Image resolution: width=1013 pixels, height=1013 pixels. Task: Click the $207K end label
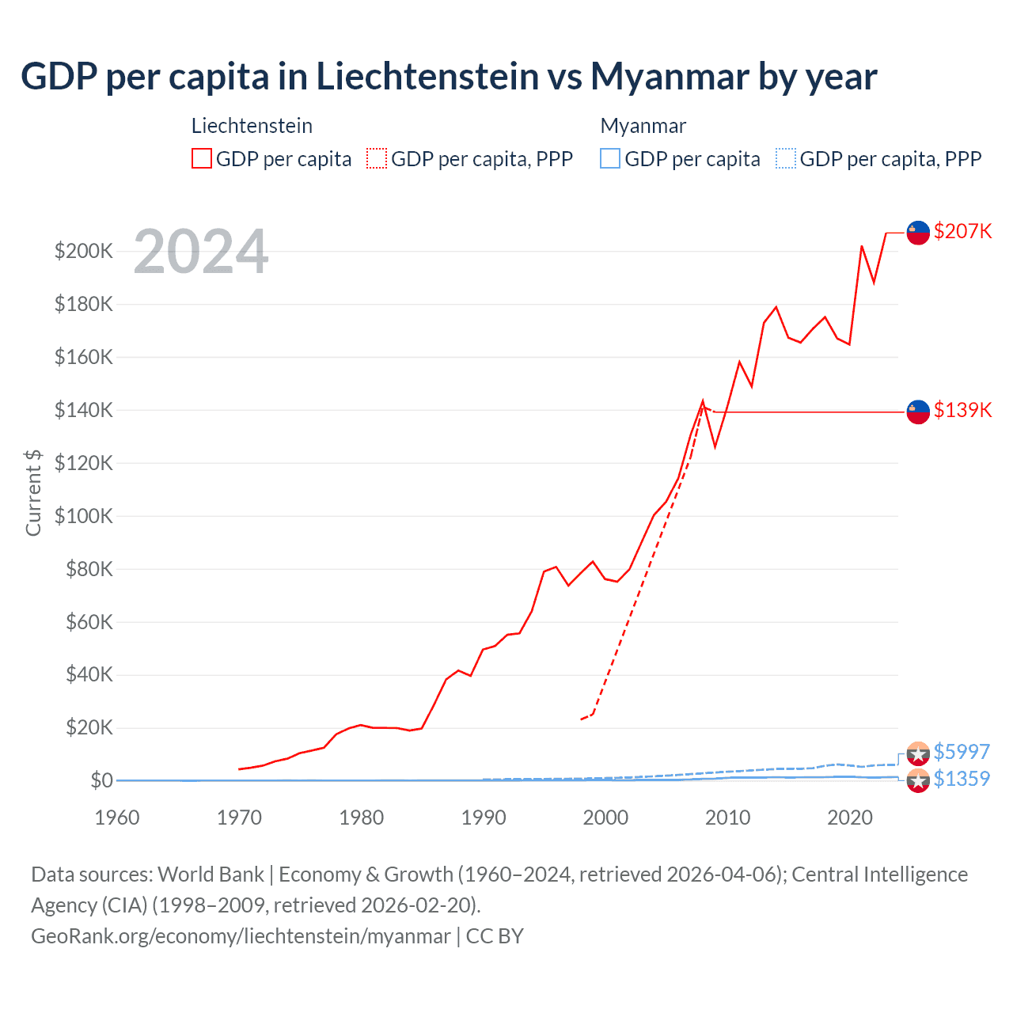[x=962, y=231]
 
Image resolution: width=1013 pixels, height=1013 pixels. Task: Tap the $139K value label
[x=962, y=410]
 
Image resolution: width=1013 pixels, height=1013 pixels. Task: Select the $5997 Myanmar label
[x=962, y=751]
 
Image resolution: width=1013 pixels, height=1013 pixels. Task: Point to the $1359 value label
[x=962, y=779]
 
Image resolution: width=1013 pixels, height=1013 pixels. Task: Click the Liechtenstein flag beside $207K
[x=918, y=233]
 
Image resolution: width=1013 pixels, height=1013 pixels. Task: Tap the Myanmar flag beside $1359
[x=918, y=781]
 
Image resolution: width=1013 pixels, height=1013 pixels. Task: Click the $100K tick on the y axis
[x=84, y=516]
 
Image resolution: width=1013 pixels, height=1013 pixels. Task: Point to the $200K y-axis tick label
[x=84, y=252]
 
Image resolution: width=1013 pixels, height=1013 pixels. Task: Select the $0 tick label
[x=101, y=780]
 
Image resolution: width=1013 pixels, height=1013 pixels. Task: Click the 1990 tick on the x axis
[x=484, y=818]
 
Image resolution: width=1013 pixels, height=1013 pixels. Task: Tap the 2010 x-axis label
[x=727, y=818]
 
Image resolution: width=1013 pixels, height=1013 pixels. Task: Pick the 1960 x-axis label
[x=117, y=818]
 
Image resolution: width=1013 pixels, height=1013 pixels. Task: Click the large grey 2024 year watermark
[x=201, y=252]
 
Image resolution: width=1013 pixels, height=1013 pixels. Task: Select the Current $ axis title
[x=33, y=492]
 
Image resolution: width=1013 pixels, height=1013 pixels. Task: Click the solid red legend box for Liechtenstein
[x=202, y=159]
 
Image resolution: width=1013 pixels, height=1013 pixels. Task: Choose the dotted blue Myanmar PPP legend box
[x=786, y=159]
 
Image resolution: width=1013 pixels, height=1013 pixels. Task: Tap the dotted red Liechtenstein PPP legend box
[x=377, y=159]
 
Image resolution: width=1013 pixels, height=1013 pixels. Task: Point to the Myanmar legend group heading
[x=643, y=126]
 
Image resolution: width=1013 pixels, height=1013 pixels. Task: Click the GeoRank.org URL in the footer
[x=241, y=936]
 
